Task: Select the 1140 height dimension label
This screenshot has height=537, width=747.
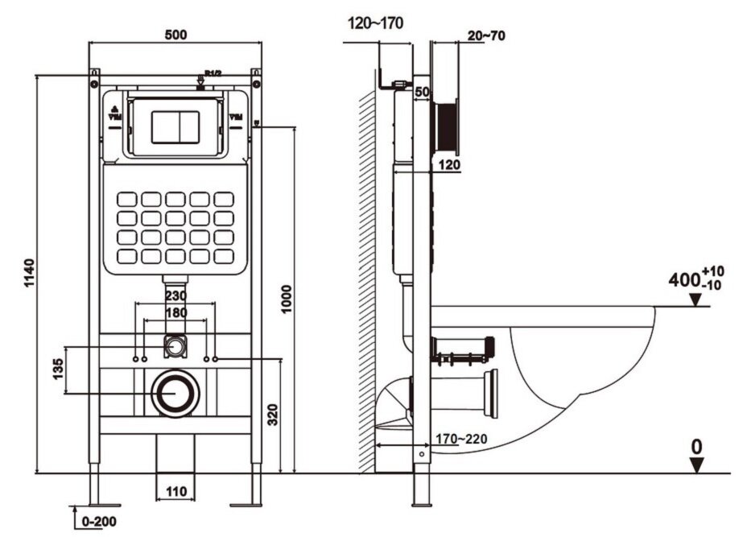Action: point(30,275)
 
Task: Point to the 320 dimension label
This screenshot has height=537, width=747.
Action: point(273,414)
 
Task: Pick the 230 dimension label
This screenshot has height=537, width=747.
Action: point(175,296)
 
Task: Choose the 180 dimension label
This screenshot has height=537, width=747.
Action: point(175,312)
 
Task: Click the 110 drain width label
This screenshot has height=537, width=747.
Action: point(176,490)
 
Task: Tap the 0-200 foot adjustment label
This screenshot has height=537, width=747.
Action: point(97,522)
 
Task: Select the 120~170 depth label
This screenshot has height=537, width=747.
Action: point(375,23)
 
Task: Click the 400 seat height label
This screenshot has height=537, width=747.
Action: point(684,280)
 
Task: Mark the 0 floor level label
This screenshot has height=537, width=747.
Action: point(697,445)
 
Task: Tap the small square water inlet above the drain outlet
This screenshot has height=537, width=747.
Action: point(175,346)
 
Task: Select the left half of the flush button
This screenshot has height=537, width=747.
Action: point(163,126)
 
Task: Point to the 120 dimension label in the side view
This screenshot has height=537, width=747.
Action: point(448,164)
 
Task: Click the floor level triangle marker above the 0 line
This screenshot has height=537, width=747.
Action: point(697,465)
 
